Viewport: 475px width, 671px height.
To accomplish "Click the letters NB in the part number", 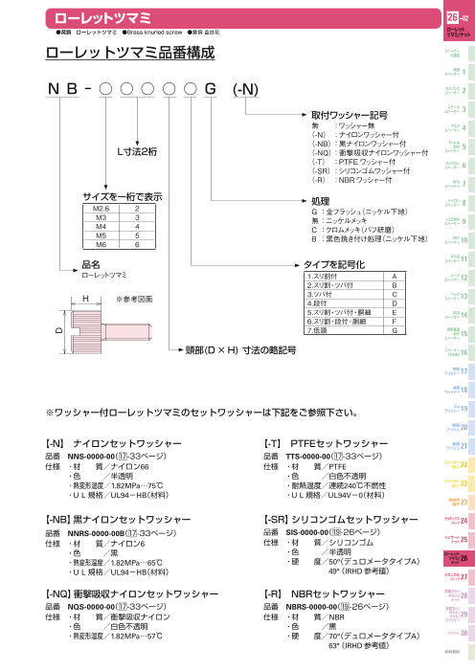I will [x=63, y=89].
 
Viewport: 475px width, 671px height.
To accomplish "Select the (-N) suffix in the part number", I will [x=245, y=89].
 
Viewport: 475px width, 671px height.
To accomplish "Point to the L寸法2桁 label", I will [x=140, y=151].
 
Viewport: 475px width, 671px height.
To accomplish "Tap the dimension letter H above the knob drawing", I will [x=86, y=299].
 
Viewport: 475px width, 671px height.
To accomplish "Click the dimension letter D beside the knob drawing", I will [x=57, y=330].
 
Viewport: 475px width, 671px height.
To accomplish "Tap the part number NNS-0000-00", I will [x=96, y=458].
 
